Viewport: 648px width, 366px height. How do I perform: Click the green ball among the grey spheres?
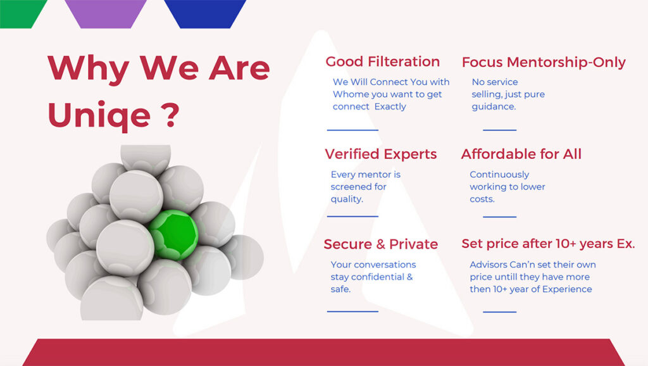tap(173, 234)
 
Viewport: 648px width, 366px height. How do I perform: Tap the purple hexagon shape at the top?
tap(106, 14)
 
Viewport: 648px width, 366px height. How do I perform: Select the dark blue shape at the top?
tap(206, 14)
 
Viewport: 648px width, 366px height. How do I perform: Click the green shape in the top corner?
tap(21, 14)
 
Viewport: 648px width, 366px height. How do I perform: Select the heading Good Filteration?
tap(383, 61)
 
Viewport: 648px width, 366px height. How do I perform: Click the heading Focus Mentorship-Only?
tap(544, 62)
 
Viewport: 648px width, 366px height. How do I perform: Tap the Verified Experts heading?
tap(380, 155)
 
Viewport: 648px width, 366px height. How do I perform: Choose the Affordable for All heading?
tap(521, 155)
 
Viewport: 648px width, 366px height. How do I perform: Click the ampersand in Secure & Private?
tap(380, 244)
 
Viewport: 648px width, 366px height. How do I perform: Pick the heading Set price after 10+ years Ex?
tap(548, 244)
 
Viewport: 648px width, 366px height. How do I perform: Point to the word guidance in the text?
tap(494, 107)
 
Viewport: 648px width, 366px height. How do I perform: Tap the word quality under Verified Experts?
tap(347, 199)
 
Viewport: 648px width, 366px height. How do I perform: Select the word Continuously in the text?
tap(499, 175)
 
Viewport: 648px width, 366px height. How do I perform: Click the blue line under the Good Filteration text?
tap(352, 130)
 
